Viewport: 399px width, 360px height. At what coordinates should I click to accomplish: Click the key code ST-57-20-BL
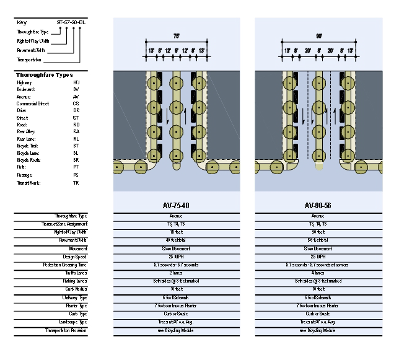click(x=71, y=22)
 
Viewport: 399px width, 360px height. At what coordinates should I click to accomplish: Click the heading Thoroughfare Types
click(x=44, y=75)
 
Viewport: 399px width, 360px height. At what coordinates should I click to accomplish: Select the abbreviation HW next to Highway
click(x=76, y=82)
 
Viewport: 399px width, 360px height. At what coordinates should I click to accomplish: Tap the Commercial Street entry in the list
click(x=33, y=103)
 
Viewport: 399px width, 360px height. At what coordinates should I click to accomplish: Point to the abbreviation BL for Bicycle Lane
click(x=76, y=152)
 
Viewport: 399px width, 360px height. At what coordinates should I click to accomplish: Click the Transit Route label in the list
click(x=28, y=183)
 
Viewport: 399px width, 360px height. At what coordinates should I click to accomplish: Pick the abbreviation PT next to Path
click(x=76, y=167)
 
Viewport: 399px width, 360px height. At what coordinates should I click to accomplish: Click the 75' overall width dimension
click(x=177, y=37)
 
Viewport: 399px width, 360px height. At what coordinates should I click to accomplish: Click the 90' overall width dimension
click(x=319, y=37)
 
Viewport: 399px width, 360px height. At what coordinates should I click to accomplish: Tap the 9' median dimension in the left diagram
click(x=177, y=50)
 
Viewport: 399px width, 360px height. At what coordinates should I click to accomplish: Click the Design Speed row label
click(x=75, y=257)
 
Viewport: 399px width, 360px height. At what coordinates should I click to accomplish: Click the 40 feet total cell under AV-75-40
click(x=177, y=240)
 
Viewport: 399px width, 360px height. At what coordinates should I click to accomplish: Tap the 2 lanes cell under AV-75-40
click(x=177, y=273)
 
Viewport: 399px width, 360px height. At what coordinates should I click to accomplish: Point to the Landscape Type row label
click(x=73, y=322)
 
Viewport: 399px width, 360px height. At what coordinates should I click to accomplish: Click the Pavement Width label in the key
click(x=31, y=50)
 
